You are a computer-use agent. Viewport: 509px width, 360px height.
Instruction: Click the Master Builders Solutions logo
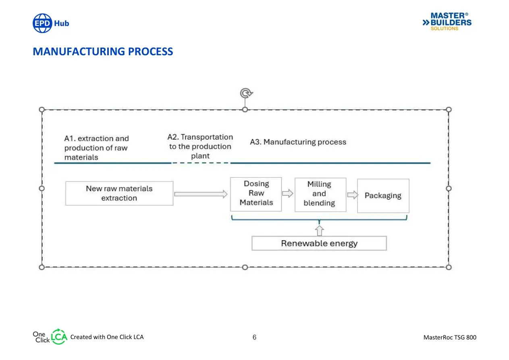(447, 22)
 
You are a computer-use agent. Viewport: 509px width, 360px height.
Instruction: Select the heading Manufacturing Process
(103, 51)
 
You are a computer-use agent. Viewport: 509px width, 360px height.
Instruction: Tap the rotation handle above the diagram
(246, 93)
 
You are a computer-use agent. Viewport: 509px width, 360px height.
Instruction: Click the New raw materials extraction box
(119, 194)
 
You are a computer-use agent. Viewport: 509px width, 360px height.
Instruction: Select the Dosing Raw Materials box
(256, 194)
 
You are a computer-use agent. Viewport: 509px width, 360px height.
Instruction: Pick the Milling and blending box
(320, 195)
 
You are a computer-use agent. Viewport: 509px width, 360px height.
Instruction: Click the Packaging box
(383, 196)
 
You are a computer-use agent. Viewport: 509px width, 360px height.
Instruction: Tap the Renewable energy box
(319, 243)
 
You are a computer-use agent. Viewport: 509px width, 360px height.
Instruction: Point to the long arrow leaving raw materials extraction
(201, 194)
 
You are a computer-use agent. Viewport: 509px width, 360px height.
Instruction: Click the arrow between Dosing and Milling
(288, 194)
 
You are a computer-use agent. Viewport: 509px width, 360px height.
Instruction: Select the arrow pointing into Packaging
(353, 195)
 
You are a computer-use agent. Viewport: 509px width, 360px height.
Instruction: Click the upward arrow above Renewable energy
(319, 231)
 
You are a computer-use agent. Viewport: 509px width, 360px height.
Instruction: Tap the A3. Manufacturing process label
(298, 142)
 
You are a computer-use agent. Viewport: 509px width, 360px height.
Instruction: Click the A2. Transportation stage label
(200, 146)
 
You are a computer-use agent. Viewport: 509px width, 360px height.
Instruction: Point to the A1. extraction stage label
(97, 148)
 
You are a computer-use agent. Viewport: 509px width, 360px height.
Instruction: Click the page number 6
(255, 337)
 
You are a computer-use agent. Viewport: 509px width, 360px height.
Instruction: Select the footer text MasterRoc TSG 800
(450, 337)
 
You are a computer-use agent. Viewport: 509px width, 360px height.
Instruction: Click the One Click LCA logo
(50, 337)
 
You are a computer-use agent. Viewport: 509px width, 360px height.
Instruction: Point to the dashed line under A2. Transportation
(201, 163)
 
